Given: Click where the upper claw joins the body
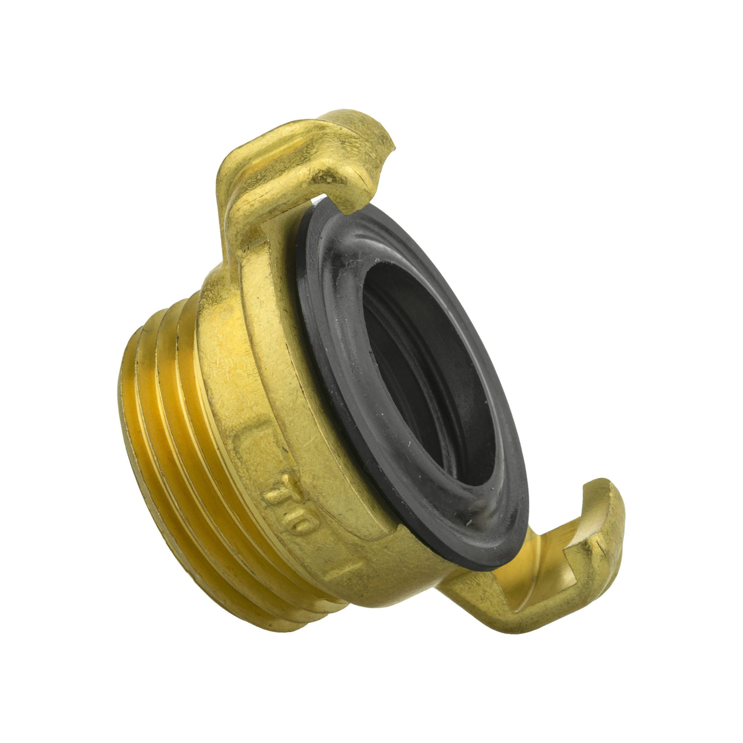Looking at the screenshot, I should (x=245, y=257).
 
